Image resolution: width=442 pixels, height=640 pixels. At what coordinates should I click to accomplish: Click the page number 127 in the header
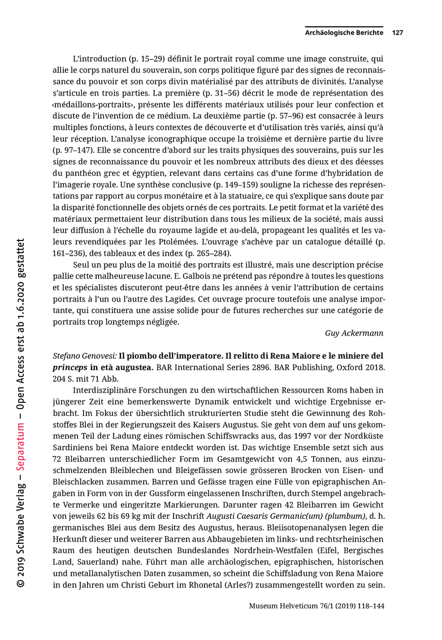[397, 33]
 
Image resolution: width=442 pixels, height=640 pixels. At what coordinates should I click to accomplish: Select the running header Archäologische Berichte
[344, 33]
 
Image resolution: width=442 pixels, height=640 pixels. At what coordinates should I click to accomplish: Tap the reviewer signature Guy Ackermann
[354, 333]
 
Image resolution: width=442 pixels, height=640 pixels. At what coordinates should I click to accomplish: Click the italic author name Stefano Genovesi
[84, 356]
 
